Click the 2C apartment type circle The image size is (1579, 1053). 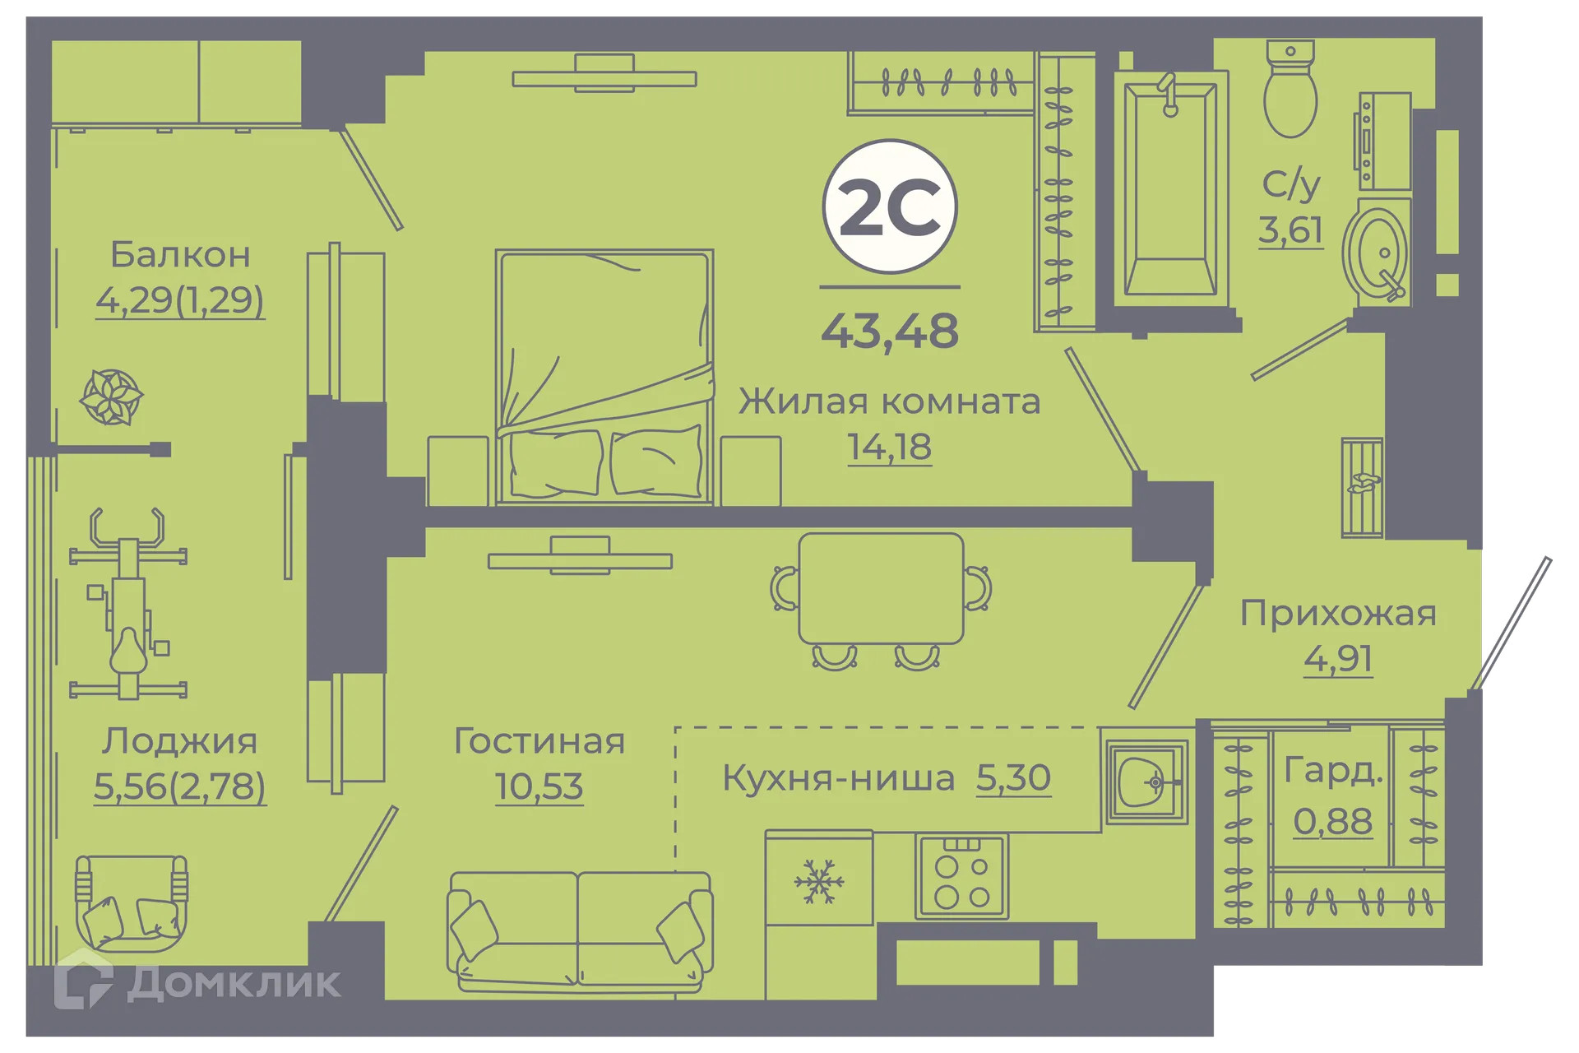[890, 206]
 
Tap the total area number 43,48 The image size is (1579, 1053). [890, 331]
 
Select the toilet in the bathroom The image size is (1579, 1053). [1290, 90]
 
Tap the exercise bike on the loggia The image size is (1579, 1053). [128, 605]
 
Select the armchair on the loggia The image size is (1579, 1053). [132, 902]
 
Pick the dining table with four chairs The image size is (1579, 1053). [881, 589]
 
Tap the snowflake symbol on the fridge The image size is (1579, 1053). [819, 882]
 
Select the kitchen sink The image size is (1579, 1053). [1146, 782]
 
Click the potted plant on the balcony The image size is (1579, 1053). [111, 397]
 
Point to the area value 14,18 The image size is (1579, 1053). [890, 448]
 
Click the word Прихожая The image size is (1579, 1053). [1338, 614]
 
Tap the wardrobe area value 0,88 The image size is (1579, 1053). [1332, 821]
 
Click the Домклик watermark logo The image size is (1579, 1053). [197, 981]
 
